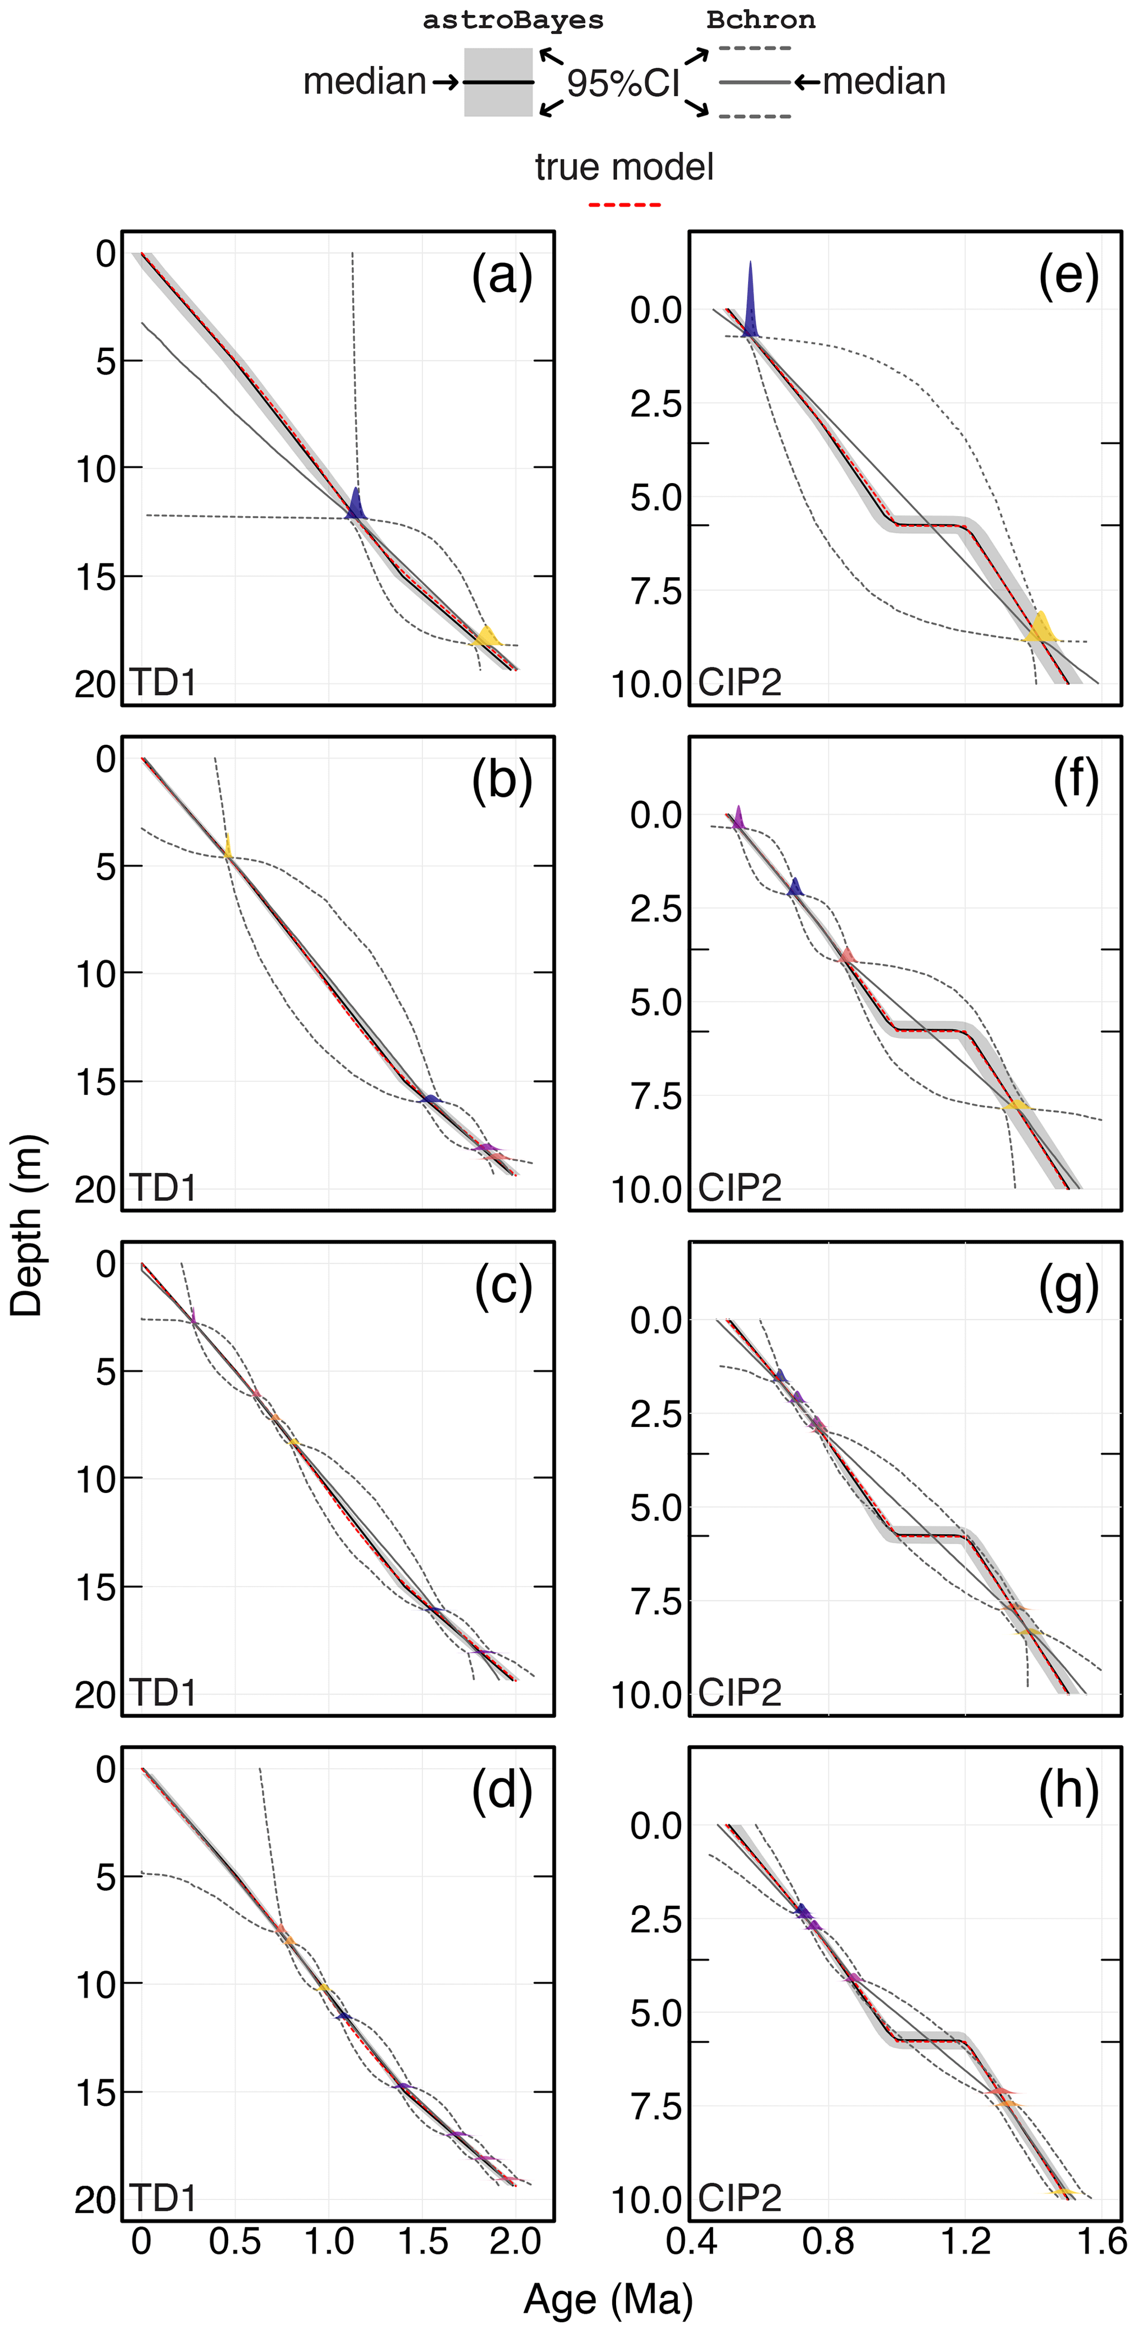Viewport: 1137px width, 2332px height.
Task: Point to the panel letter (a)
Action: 502,276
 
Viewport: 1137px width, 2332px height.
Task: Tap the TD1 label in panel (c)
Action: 163,1692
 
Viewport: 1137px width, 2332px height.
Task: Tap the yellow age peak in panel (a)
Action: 487,637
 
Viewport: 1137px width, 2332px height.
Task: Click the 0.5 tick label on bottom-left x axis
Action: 234,2241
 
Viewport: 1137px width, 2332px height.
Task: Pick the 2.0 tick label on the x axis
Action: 515,2241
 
